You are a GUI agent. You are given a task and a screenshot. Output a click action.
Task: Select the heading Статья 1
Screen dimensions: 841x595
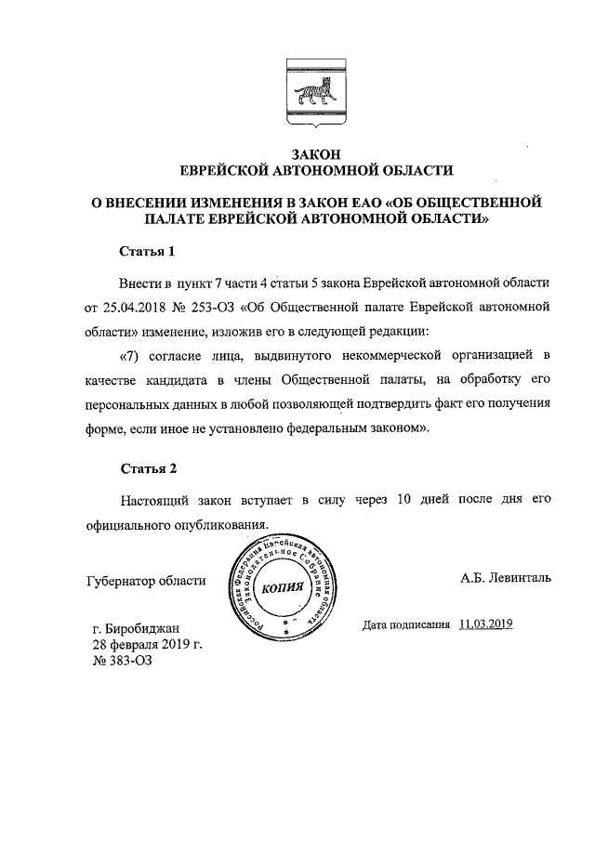[x=150, y=251]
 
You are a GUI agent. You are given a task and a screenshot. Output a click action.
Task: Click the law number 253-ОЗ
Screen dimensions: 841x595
[x=212, y=305]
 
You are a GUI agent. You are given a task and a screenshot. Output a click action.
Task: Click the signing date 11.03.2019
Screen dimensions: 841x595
[x=486, y=624]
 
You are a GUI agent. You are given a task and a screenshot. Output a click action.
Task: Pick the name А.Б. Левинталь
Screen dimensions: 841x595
[x=506, y=577]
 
